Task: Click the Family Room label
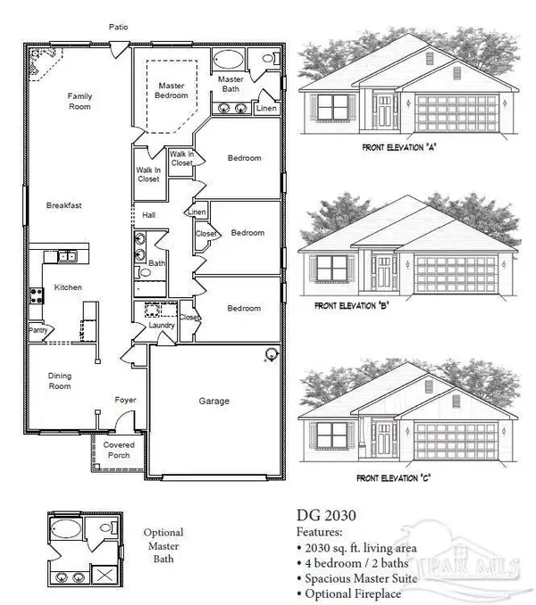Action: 80,101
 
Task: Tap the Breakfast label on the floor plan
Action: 64,205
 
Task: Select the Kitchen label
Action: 68,288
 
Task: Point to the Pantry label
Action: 38,330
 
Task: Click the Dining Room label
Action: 59,382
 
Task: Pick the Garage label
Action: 214,402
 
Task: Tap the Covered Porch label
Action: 118,450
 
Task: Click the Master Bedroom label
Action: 167,91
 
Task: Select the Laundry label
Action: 161,326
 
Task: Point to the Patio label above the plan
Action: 118,27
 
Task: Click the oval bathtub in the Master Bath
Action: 230,62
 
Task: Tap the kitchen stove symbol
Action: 37,294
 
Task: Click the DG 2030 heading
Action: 326,514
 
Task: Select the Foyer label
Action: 124,400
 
